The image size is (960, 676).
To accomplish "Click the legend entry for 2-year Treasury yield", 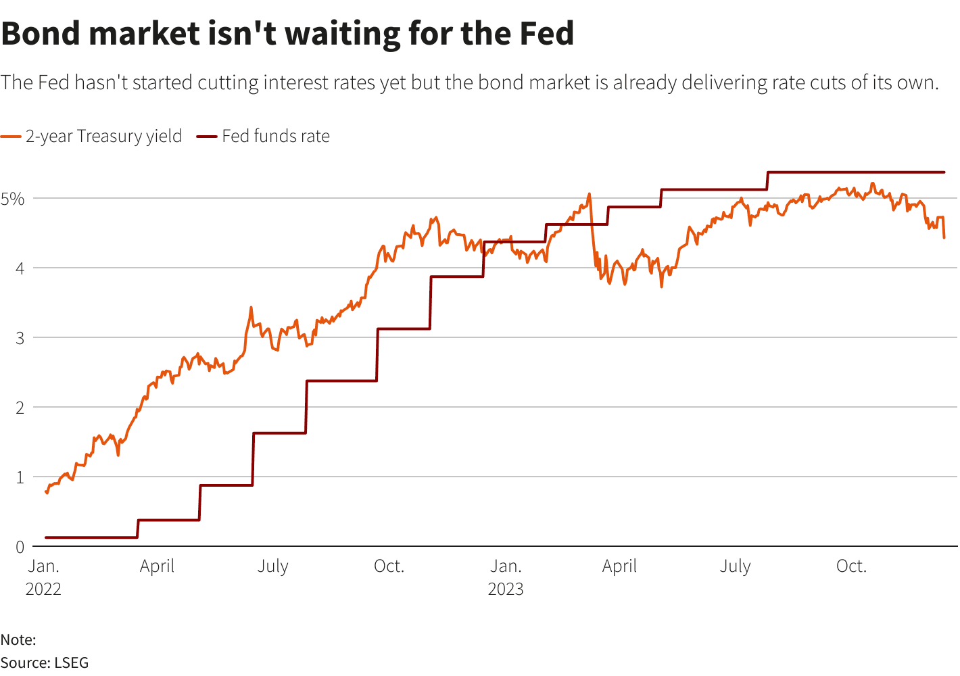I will (x=103, y=136).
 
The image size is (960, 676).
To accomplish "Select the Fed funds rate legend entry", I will (x=275, y=136).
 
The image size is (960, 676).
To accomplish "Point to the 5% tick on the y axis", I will (x=12, y=199).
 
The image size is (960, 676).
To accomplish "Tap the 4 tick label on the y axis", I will (x=20, y=268).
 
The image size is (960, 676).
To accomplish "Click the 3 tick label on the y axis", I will (x=20, y=338).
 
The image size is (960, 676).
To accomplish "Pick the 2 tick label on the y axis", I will (x=20, y=408).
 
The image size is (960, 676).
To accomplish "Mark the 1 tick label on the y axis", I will (x=20, y=477).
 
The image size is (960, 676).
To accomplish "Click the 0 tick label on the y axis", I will (x=20, y=547).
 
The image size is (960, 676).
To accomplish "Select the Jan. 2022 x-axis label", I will (x=43, y=577).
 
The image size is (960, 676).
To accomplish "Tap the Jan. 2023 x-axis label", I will (x=506, y=577).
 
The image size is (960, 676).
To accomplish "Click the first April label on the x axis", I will (x=157, y=566).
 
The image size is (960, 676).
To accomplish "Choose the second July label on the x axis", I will (x=735, y=566).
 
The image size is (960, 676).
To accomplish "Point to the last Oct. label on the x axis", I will (x=851, y=566).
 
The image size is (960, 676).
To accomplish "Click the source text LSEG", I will (x=71, y=662).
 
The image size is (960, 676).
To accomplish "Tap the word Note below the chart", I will (x=17, y=639).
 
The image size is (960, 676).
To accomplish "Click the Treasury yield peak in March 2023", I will (x=589, y=194).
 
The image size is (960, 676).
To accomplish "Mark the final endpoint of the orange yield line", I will (x=944, y=237).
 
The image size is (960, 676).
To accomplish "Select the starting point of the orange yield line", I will (x=46, y=492).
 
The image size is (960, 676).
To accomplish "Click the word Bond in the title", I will (x=43, y=33).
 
